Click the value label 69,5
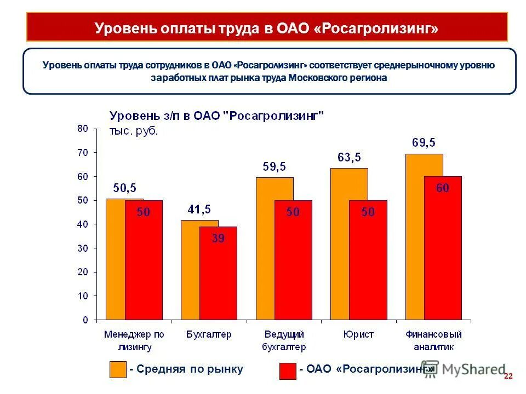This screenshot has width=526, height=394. coord(424,143)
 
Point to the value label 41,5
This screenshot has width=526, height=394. coord(199,209)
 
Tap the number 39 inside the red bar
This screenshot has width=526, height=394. coord(218,238)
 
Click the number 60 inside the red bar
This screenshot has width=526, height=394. coord(443,188)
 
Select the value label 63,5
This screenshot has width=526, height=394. coord(349,158)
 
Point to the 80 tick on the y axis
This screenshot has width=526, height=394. coord(82,129)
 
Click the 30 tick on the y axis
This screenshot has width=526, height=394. coord(82,248)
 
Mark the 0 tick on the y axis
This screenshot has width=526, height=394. coord(85,320)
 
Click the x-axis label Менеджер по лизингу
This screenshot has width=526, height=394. coord(134,340)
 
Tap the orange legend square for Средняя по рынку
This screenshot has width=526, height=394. coord(118,369)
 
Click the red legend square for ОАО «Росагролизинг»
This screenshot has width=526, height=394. coord(288,370)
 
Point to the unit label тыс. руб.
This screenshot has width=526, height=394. coord(134,131)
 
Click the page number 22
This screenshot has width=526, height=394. coord(507,376)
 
